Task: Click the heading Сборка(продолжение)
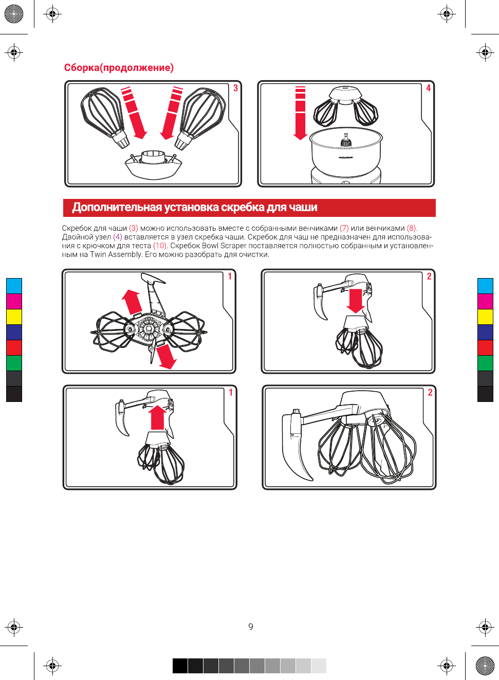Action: (x=119, y=67)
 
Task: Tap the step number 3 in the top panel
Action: (x=235, y=88)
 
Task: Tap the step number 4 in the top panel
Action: (x=428, y=88)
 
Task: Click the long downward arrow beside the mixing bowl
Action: (x=300, y=113)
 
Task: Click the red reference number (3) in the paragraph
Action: (x=134, y=228)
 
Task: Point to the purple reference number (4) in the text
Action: (x=118, y=237)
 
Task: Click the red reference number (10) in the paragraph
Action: (x=160, y=246)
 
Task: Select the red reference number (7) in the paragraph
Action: (x=344, y=228)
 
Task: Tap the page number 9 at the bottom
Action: (x=251, y=627)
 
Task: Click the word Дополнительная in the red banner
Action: (x=117, y=207)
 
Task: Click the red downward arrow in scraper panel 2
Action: (x=356, y=301)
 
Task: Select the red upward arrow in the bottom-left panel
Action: (x=158, y=417)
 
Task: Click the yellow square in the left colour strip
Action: (x=14, y=317)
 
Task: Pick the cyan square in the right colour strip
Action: (x=485, y=286)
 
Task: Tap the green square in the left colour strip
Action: (x=14, y=363)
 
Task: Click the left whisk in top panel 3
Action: (x=105, y=117)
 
